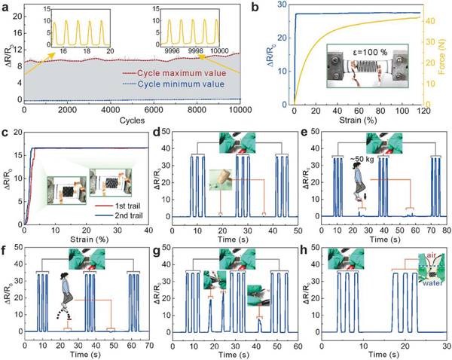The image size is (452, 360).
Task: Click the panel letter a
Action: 6,6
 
